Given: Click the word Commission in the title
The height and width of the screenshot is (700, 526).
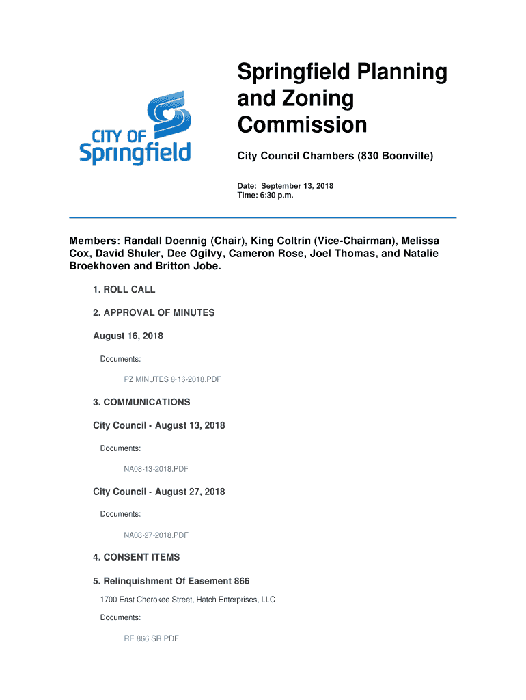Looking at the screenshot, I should pos(302,125).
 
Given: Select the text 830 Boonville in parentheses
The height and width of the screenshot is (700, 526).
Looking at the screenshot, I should pos(394,157).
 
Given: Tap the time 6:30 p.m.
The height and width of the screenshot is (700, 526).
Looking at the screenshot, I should pos(276,196).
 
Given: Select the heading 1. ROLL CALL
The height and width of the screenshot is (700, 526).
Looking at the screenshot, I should pos(124,289).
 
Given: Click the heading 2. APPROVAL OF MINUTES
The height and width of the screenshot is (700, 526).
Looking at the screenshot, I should pos(154,312).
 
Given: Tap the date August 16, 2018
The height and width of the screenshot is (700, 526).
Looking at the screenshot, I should pos(128,336).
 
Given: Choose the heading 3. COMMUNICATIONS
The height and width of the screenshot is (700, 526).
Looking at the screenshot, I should pos(141,402).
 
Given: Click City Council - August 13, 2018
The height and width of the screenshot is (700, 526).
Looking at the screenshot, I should pos(158,425).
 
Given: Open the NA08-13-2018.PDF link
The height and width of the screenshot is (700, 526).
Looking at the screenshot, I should pos(156,469).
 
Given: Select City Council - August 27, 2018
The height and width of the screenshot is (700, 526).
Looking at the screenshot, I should pos(158,492).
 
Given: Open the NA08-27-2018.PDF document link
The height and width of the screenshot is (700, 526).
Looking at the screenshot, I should pos(156,535).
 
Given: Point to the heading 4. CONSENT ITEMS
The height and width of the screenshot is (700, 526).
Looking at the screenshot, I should pos(137,557).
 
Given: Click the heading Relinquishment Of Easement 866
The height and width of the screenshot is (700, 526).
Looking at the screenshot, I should pos(171,581).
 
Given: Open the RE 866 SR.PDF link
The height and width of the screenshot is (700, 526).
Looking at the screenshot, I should pos(151,639).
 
